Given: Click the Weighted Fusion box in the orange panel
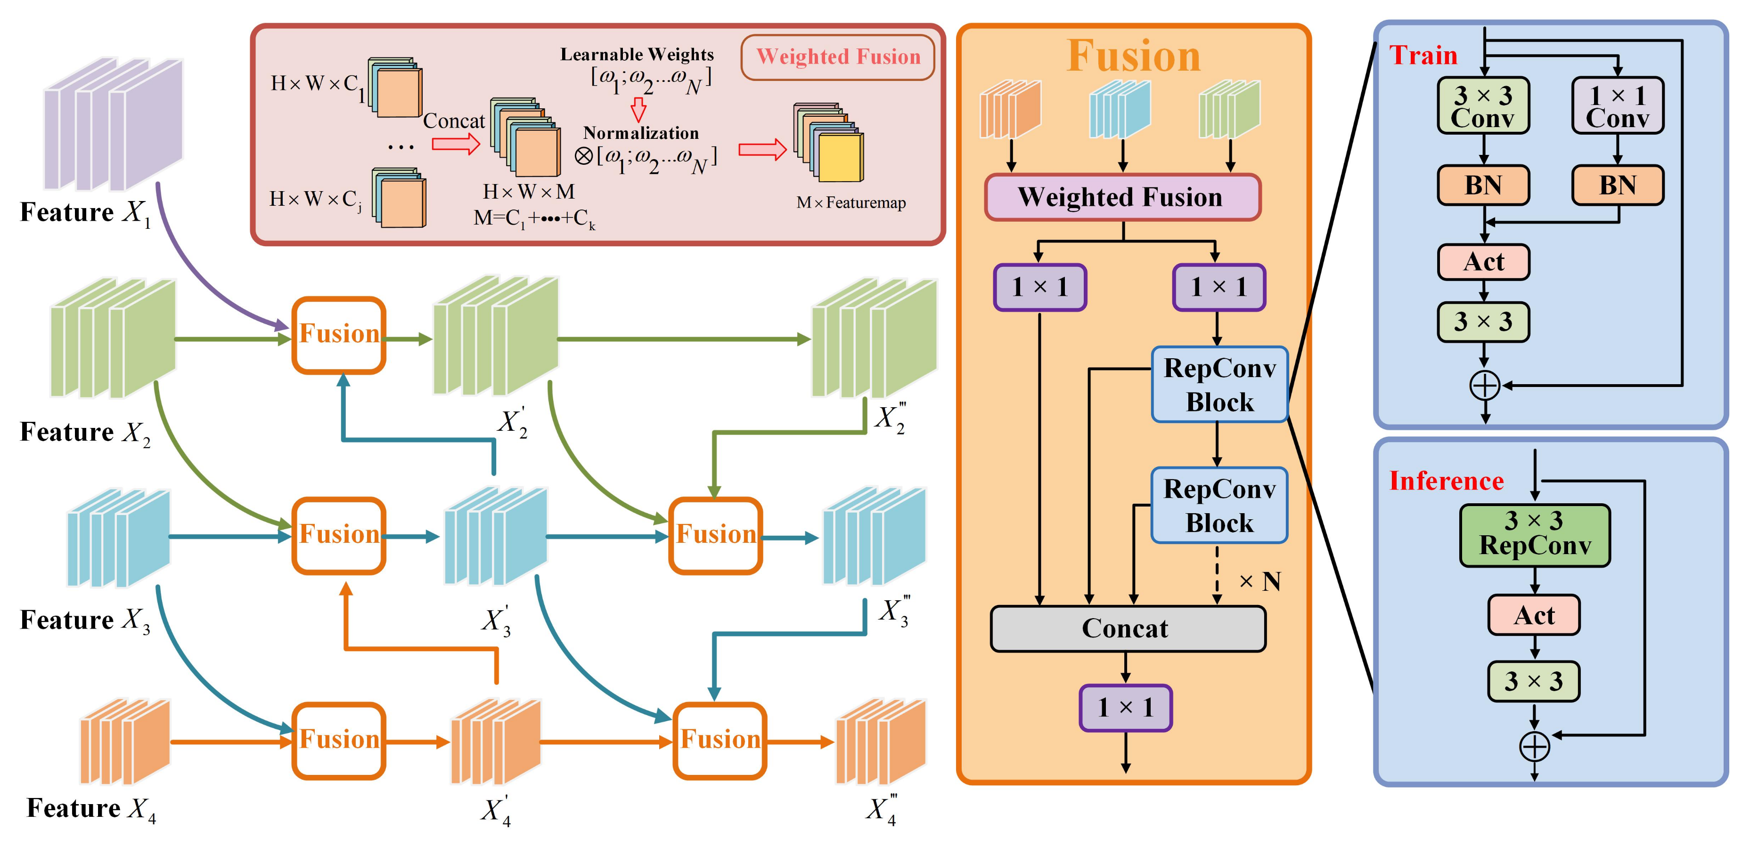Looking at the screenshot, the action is tap(1122, 197).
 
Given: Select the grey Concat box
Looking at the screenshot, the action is tap(1128, 628).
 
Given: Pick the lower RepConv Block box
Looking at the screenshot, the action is tap(1219, 505).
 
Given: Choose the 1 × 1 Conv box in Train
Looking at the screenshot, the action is tap(1618, 105).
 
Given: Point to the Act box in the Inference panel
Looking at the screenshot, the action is tap(1534, 615).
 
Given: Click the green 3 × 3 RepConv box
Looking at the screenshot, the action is tap(1535, 535).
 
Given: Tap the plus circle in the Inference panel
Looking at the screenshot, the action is tap(1534, 747).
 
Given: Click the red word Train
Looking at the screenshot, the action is tap(1423, 55).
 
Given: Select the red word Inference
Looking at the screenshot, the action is tap(1447, 481).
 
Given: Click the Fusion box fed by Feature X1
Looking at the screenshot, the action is tap(339, 335).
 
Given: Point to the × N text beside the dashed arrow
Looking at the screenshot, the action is tap(1259, 581).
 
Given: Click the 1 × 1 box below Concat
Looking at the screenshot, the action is tap(1126, 708).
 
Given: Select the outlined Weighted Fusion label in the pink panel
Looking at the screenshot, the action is tap(838, 57).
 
